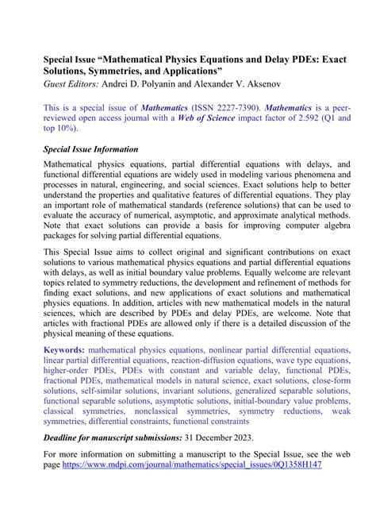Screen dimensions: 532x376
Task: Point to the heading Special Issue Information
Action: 90,150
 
